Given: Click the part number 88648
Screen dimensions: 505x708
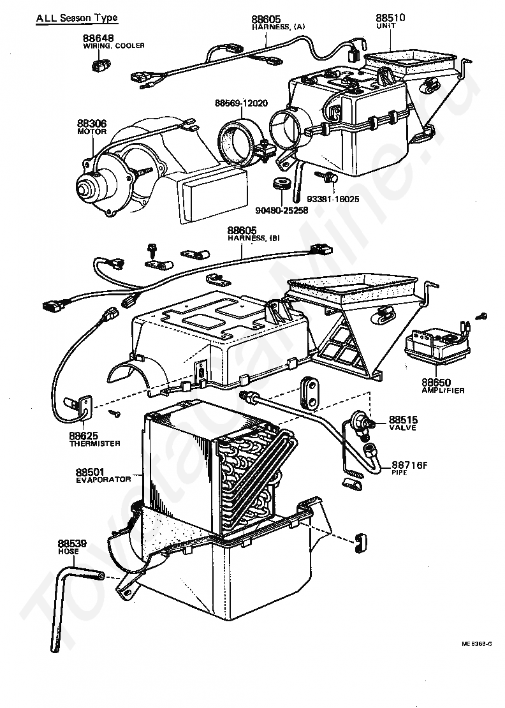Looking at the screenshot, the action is (x=98, y=38).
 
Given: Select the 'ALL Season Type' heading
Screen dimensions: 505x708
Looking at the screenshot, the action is (x=77, y=18).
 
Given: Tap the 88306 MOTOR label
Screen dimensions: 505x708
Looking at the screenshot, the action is (x=92, y=127).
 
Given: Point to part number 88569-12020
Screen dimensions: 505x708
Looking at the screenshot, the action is (x=241, y=103).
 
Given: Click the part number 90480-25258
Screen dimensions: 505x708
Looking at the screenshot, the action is (x=282, y=210).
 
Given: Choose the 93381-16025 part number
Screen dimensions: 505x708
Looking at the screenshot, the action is (x=333, y=199).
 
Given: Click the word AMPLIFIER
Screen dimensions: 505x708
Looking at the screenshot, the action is (x=443, y=390).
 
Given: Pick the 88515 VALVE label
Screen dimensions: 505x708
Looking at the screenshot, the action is (x=403, y=423).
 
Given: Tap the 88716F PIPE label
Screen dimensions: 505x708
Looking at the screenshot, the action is (x=409, y=468).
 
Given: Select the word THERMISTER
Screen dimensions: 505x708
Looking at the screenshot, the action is (x=95, y=443).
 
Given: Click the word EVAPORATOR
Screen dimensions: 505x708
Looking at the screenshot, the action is (x=103, y=480).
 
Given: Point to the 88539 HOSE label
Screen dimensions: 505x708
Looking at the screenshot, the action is (x=72, y=547).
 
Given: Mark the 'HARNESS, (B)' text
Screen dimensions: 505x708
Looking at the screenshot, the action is (x=253, y=238).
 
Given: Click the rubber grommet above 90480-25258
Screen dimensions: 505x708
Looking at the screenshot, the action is (x=282, y=186).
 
